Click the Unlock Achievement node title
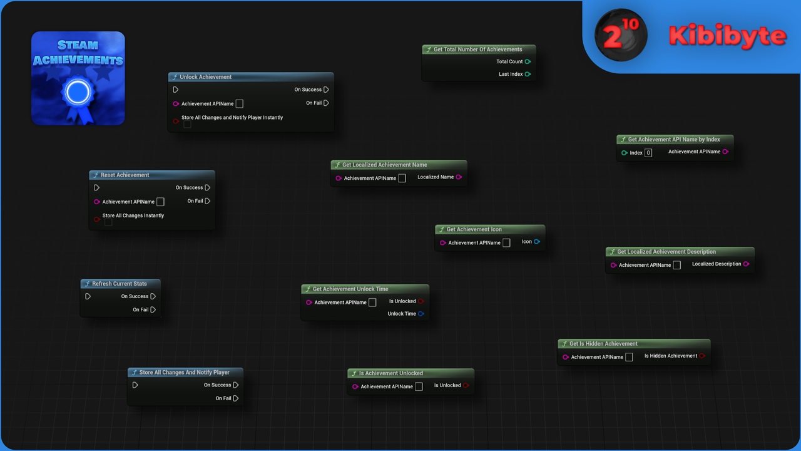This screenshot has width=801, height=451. coord(206,77)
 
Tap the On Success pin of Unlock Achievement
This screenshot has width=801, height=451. coord(326,90)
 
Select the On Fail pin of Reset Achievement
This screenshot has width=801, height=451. coord(208,201)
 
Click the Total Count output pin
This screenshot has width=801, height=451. coord(528,61)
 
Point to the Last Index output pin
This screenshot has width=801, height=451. coord(528,74)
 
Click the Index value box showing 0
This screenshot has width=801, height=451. coord(648,153)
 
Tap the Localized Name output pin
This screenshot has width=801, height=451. coord(459,177)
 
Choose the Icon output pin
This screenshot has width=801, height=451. coord(537,242)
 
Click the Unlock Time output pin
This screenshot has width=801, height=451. coord(421,314)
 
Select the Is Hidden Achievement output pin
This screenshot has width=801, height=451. coord(702,356)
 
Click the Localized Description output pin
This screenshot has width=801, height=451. coord(746,264)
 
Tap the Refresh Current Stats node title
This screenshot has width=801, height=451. coord(120,284)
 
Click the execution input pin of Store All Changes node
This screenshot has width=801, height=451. coord(135,385)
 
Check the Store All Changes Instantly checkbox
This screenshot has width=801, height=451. coord(108,222)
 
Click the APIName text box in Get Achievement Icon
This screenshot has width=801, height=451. coord(506,242)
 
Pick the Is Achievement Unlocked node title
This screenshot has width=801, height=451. coord(391,373)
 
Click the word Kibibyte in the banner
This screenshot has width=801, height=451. coord(727,36)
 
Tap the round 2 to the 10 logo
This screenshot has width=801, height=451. coord(621,35)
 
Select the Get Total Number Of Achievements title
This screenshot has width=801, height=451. coord(477,49)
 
